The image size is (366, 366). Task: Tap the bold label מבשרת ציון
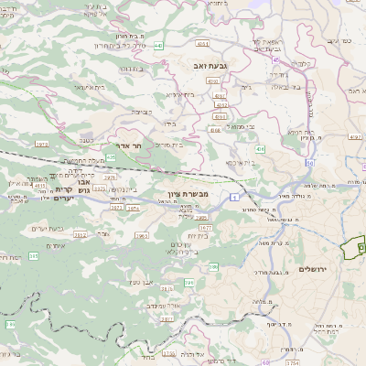[190, 194]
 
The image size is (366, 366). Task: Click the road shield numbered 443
[158, 44]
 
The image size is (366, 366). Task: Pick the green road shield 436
[260, 148]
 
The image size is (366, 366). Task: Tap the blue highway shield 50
[310, 163]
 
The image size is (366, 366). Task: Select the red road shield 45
[276, 59]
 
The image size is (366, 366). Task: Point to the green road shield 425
[111, 157]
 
